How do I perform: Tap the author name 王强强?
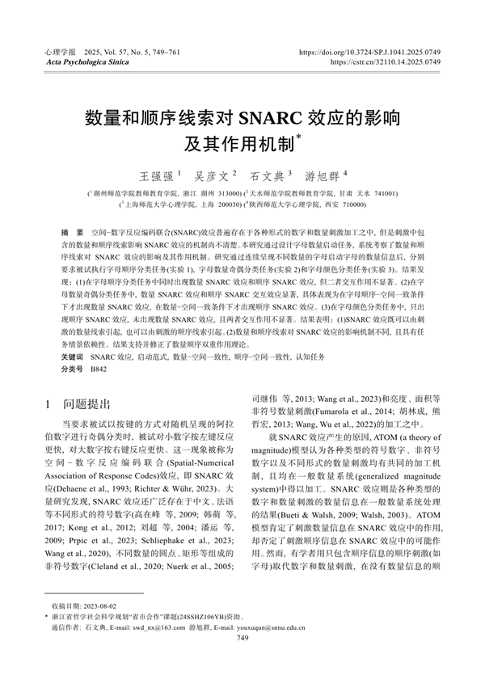point(157,175)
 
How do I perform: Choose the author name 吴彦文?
point(212,175)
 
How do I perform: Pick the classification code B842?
point(99,368)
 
